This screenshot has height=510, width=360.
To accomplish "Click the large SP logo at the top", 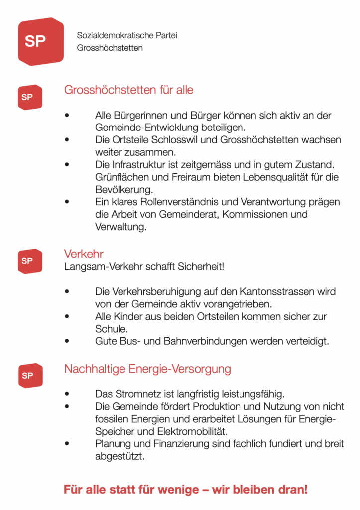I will coord(41,41).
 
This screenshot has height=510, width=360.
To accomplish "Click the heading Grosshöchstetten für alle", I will coord(128,90).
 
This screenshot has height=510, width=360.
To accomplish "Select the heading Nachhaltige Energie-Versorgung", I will coord(147,369).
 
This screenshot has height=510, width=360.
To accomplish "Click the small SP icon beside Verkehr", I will coord(30,261).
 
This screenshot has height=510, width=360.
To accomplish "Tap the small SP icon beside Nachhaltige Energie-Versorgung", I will coord(30,376).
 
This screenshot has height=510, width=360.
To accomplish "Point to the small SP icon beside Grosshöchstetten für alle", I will coord(30,97).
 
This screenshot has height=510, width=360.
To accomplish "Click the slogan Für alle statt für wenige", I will coord(185,489).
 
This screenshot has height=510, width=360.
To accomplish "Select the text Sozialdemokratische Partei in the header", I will coord(127,36).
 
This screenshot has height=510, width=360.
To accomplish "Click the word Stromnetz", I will coord(133,393).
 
